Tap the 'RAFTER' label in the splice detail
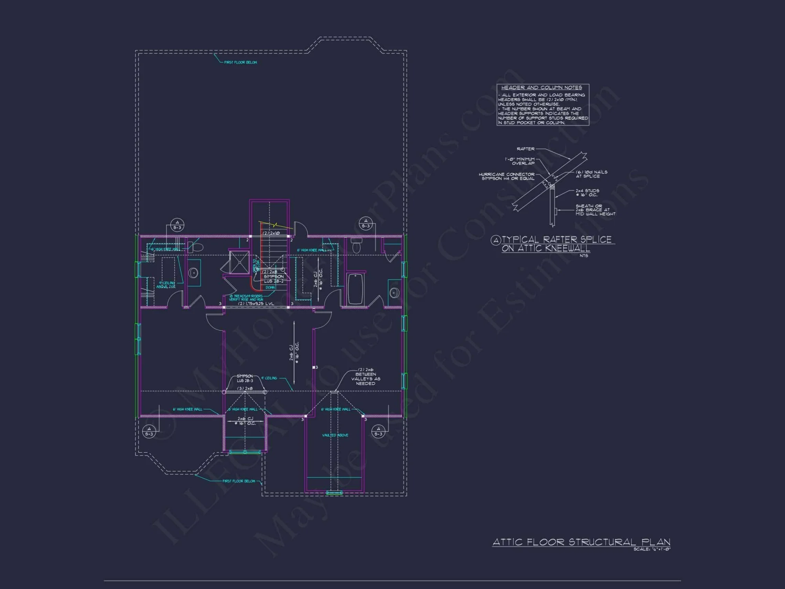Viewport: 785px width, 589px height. (x=525, y=149)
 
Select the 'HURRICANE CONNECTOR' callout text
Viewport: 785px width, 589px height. (x=506, y=176)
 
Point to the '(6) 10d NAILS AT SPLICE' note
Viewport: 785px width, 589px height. (x=591, y=174)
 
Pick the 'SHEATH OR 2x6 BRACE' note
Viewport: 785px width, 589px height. (x=595, y=210)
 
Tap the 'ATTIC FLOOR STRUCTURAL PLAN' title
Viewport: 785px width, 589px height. (x=581, y=542)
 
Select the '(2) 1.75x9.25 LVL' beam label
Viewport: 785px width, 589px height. (x=256, y=304)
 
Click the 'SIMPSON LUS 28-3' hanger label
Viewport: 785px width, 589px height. (x=245, y=378)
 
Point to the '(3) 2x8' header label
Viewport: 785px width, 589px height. (x=245, y=388)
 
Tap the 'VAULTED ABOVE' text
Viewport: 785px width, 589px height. (x=335, y=435)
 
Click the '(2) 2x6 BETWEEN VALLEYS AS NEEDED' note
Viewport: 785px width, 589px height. (x=365, y=377)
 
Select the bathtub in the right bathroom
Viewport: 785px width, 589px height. (x=356, y=289)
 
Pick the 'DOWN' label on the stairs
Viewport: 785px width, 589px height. (x=270, y=287)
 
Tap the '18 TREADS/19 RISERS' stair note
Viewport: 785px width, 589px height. (x=246, y=298)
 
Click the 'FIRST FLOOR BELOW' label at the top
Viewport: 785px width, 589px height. (x=240, y=62)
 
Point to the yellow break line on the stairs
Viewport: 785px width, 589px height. (x=276, y=225)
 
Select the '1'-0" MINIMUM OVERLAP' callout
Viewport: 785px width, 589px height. (x=520, y=161)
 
